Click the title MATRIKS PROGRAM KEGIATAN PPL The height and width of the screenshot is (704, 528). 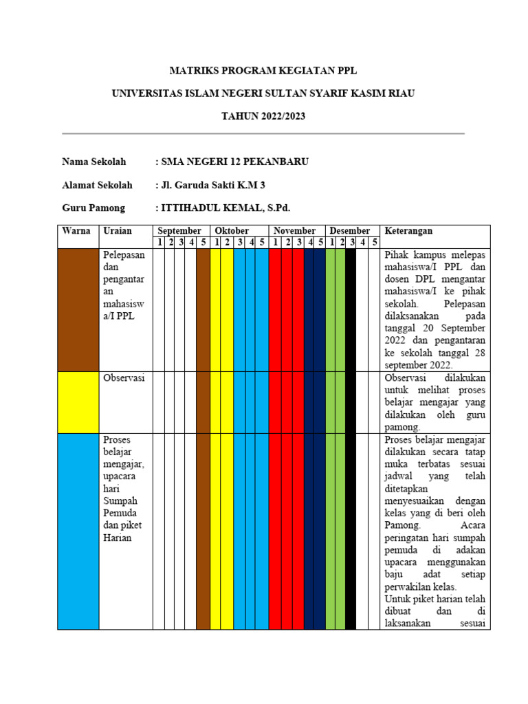click(x=263, y=71)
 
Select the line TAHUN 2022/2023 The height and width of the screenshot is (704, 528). click(x=263, y=116)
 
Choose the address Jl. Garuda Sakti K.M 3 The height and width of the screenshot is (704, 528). click(x=212, y=185)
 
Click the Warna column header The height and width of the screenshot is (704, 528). click(x=76, y=231)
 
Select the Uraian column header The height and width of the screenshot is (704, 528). click(x=118, y=231)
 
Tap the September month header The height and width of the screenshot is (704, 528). click(x=180, y=231)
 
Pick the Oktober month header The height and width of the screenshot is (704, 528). click(x=232, y=231)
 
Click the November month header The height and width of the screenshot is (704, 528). click(x=294, y=231)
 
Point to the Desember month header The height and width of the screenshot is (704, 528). click(x=350, y=231)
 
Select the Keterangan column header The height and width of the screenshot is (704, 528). click(x=409, y=231)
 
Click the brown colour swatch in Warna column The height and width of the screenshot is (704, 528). click(x=78, y=309)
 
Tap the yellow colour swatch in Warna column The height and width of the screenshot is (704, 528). click(x=78, y=402)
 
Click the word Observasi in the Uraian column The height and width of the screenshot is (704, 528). click(x=124, y=378)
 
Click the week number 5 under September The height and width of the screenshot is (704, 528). click(x=203, y=242)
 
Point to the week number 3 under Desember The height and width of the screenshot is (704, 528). click(x=351, y=242)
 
